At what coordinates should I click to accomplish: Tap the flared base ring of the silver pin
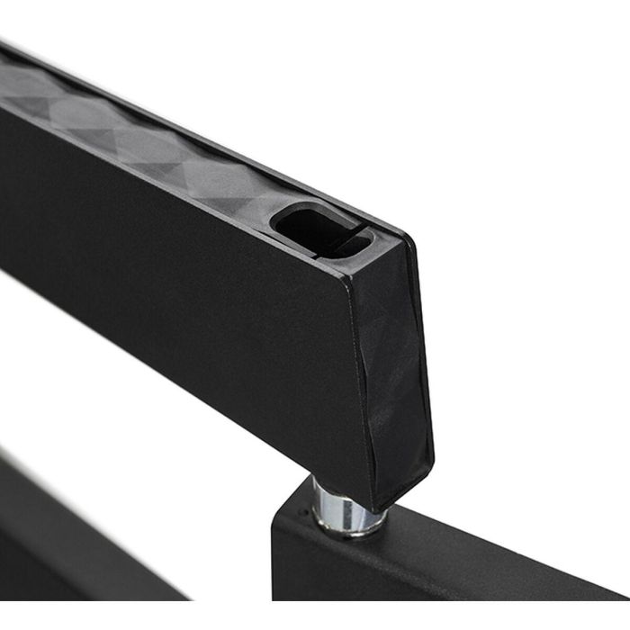[346, 526]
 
